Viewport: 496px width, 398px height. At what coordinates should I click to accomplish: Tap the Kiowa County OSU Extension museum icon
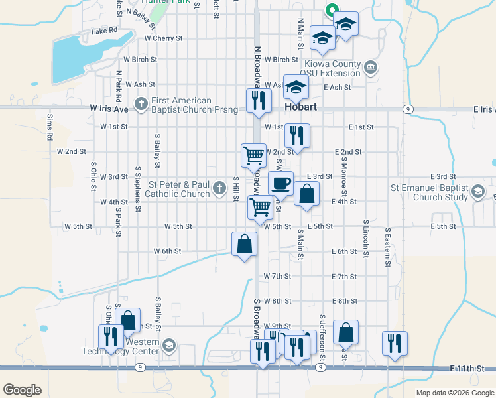click(370, 67)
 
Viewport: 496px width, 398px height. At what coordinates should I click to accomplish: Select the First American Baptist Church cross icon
click(141, 104)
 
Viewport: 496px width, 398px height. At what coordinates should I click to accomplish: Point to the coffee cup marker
click(280, 183)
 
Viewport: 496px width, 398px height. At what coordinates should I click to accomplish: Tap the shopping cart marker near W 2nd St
click(253, 155)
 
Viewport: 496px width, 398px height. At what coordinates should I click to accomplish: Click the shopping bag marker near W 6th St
click(245, 243)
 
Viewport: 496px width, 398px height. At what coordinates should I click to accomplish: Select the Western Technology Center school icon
click(168, 346)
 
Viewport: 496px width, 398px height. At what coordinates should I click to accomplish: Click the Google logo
click(22, 390)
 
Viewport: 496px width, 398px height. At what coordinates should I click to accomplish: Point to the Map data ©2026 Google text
click(454, 393)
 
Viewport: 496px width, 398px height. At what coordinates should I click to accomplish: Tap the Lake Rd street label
click(104, 31)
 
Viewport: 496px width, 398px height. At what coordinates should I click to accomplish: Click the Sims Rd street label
click(50, 126)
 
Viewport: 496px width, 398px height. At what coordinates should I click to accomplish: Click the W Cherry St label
click(163, 38)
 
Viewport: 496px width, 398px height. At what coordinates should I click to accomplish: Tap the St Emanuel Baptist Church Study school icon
click(477, 193)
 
